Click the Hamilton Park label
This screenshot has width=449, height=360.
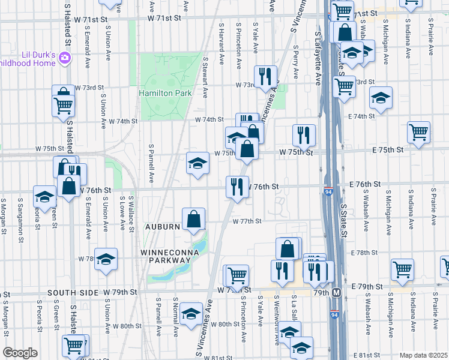coord(165,93)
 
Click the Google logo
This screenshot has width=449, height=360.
coord(20,353)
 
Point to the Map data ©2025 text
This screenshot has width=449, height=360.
coord(423,355)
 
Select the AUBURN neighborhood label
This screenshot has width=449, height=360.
coord(162,227)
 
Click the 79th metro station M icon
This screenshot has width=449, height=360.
coord(337,292)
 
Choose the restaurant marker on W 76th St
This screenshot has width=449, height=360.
coord(237,186)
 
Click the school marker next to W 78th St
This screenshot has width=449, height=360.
coord(106,259)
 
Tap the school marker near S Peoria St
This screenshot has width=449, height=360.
coord(44,196)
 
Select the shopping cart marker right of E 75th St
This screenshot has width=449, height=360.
coord(418,132)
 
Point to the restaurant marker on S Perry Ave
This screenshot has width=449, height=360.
coord(304,136)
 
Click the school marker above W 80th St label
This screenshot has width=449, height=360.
coord(191,313)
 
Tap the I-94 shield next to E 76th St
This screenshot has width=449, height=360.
coord(328,190)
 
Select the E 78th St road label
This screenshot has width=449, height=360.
coord(363,254)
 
